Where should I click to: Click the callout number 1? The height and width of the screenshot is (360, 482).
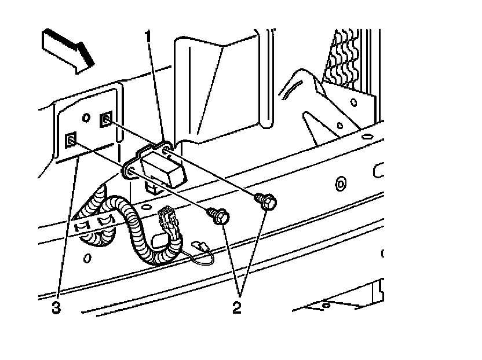(149, 38)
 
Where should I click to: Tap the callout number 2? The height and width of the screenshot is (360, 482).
(236, 307)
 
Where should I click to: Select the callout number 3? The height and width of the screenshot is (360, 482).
(56, 307)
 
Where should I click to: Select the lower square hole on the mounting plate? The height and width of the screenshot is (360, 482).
(71, 139)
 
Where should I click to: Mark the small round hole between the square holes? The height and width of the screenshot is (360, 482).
(86, 118)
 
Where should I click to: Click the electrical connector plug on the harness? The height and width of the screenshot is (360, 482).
(166, 221)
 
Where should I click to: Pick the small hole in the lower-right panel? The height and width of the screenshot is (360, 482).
(326, 303)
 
